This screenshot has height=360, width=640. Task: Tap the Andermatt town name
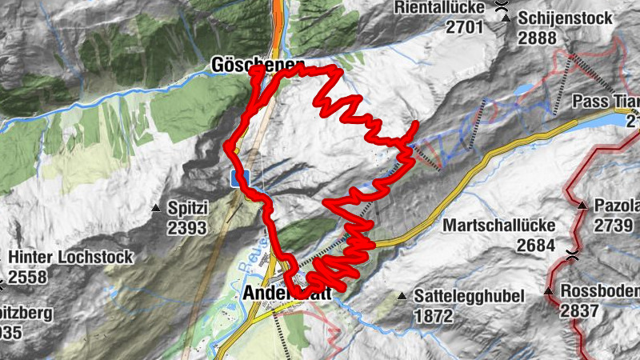[x=284, y=294]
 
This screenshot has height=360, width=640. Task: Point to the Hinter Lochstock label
[x=70, y=258]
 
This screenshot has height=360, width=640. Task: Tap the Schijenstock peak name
[x=565, y=18]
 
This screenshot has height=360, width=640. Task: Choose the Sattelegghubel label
[x=469, y=296]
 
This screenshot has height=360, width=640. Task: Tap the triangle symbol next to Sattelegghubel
[x=402, y=295]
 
